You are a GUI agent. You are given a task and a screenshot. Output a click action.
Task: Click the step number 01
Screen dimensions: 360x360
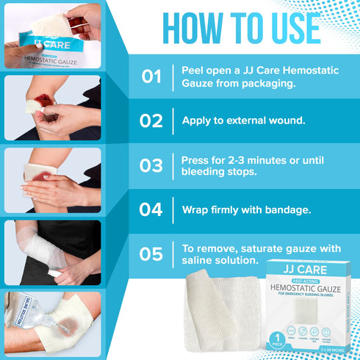[x=151, y=76]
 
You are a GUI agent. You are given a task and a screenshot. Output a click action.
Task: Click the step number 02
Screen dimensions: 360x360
[x=151, y=120]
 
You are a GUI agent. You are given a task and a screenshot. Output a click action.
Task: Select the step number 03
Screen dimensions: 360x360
[x=151, y=165]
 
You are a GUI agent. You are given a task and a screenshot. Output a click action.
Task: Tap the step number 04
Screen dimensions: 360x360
[x=151, y=209]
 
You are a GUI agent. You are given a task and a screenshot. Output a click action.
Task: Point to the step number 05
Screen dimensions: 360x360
[x=151, y=253]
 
